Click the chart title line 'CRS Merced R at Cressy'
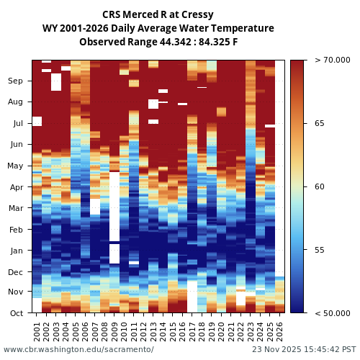(158, 14)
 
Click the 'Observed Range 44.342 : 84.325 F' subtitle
(158, 42)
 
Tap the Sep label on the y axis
(16, 81)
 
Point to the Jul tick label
(17, 124)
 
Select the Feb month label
(16, 230)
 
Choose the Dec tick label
(16, 272)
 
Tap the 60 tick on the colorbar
(319, 187)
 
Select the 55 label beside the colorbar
(319, 250)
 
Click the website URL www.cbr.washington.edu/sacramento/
(78, 350)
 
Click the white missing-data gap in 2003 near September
(56, 81)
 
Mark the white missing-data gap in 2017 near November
(192, 296)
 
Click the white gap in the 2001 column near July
(37, 121)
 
